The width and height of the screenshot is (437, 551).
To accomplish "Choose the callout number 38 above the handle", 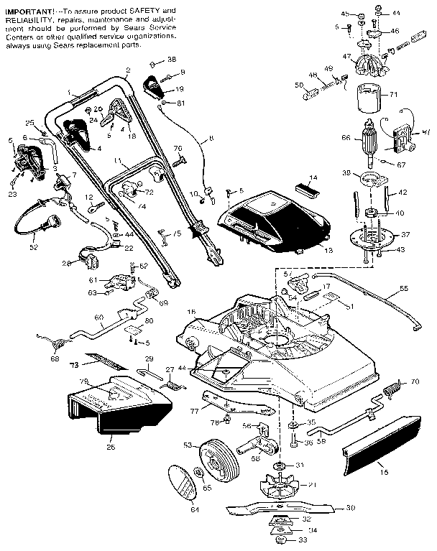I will (x=171, y=58).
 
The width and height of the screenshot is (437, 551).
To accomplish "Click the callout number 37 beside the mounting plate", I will (x=406, y=235).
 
